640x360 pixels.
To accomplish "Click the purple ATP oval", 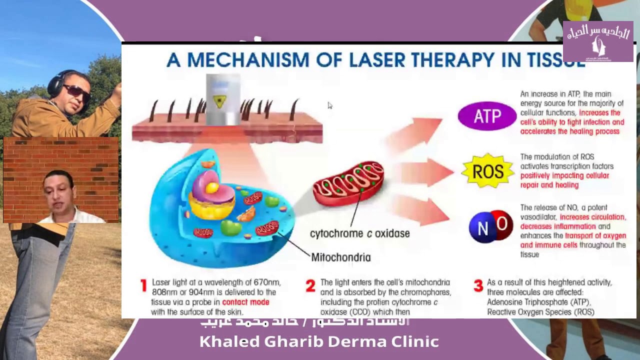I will coord(486,116).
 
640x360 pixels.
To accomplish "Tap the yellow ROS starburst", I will coord(487,171).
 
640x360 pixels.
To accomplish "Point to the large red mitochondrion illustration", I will coord(348,183).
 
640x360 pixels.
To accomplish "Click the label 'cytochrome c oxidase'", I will coord(359,233).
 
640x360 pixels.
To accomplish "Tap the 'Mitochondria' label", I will coord(341,257).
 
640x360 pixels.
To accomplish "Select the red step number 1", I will coord(143,285).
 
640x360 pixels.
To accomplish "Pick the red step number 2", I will coord(310,285).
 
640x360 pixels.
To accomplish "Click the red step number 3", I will coord(478,285).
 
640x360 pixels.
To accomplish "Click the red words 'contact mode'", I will coord(245,302).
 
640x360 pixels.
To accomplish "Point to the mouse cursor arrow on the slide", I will coord(330,105).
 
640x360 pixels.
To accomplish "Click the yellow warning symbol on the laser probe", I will coord(219,101).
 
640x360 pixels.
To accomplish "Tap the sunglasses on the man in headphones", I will coord(76,91).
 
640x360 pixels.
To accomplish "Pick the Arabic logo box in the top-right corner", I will coord(598,41).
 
